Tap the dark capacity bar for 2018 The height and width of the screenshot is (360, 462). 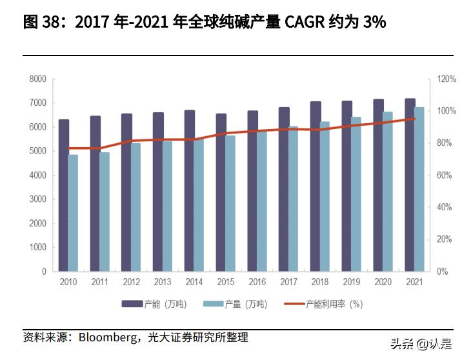(316, 186)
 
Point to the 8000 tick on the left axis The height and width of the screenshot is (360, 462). (38, 79)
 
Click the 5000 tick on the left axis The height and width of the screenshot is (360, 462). (38, 151)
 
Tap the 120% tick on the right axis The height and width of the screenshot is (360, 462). (447, 79)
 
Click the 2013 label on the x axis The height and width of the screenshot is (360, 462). (162, 283)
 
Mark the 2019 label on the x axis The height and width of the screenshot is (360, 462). (351, 283)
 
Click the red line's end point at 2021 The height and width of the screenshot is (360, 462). (414, 119)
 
